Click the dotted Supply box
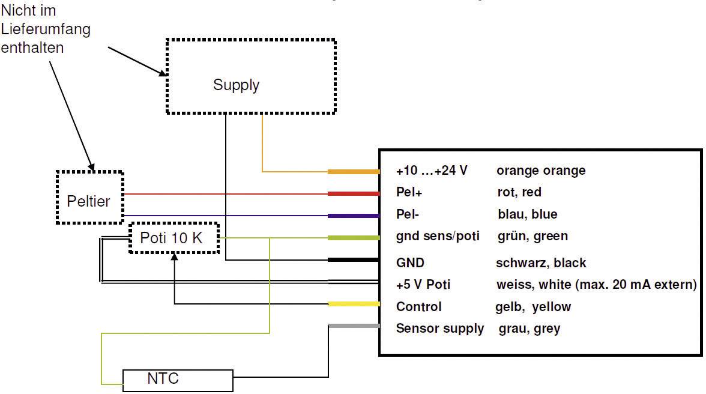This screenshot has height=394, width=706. pyautogui.click(x=250, y=76)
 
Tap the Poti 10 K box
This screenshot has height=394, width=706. pyautogui.click(x=174, y=238)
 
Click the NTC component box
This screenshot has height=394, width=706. pyautogui.click(x=178, y=380)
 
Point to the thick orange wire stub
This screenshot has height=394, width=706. pyautogui.click(x=354, y=172)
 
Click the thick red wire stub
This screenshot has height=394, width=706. pyautogui.click(x=354, y=193)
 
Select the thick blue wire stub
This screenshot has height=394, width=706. pyautogui.click(x=354, y=216)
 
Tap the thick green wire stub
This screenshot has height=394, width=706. pyautogui.click(x=354, y=238)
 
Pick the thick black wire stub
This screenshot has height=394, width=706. pyautogui.click(x=354, y=260)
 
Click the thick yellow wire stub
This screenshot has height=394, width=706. pyautogui.click(x=354, y=304)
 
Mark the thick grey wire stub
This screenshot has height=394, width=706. pyautogui.click(x=354, y=326)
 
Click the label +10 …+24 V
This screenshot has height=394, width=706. pyautogui.click(x=432, y=171)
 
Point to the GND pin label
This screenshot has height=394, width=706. pyautogui.click(x=410, y=262)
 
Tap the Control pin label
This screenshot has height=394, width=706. pyautogui.click(x=418, y=307)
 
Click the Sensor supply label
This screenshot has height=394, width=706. pyautogui.click(x=439, y=329)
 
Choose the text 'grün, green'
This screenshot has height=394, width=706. pyautogui.click(x=533, y=236)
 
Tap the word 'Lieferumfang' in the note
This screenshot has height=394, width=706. pyautogui.click(x=46, y=30)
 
